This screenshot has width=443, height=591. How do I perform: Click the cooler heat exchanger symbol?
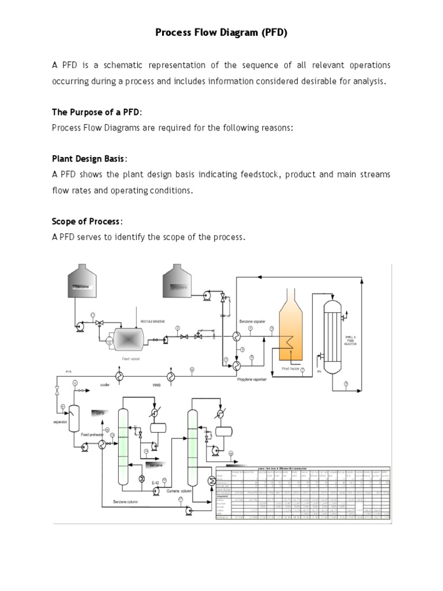pyautogui.click(x=120, y=376)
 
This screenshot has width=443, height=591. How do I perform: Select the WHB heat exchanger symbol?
pyautogui.click(x=171, y=376)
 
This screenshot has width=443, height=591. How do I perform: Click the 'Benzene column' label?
pyautogui.click(x=126, y=502)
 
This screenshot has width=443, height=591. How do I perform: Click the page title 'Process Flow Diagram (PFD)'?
pyautogui.click(x=221, y=33)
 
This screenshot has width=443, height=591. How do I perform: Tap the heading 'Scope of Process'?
pyautogui.click(x=87, y=221)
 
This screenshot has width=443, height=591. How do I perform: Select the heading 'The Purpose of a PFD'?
pyautogui.click(x=96, y=111)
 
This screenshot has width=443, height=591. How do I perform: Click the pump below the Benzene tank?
pyautogui.click(x=79, y=328)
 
